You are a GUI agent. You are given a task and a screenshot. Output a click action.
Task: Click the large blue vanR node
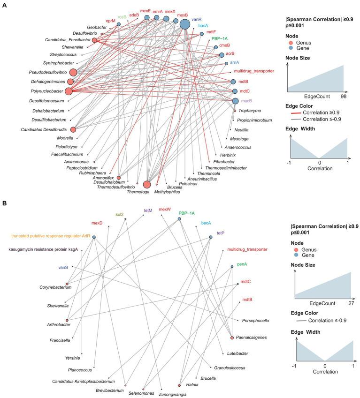(x=185, y=24)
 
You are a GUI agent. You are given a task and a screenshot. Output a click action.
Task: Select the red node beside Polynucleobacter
(x=69, y=91)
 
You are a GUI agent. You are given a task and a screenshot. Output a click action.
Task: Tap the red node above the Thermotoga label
(x=147, y=185)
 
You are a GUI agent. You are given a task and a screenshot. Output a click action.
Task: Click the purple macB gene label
(x=247, y=101)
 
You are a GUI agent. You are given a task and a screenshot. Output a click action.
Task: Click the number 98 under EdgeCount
(x=343, y=96)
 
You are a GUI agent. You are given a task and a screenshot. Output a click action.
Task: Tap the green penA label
(x=243, y=265)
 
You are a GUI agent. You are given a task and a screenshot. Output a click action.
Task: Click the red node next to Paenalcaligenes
(x=232, y=338)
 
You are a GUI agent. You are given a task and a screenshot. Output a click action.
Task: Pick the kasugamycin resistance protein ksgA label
(x=42, y=250)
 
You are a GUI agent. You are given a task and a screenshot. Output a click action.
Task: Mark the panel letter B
(x=4, y=204)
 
